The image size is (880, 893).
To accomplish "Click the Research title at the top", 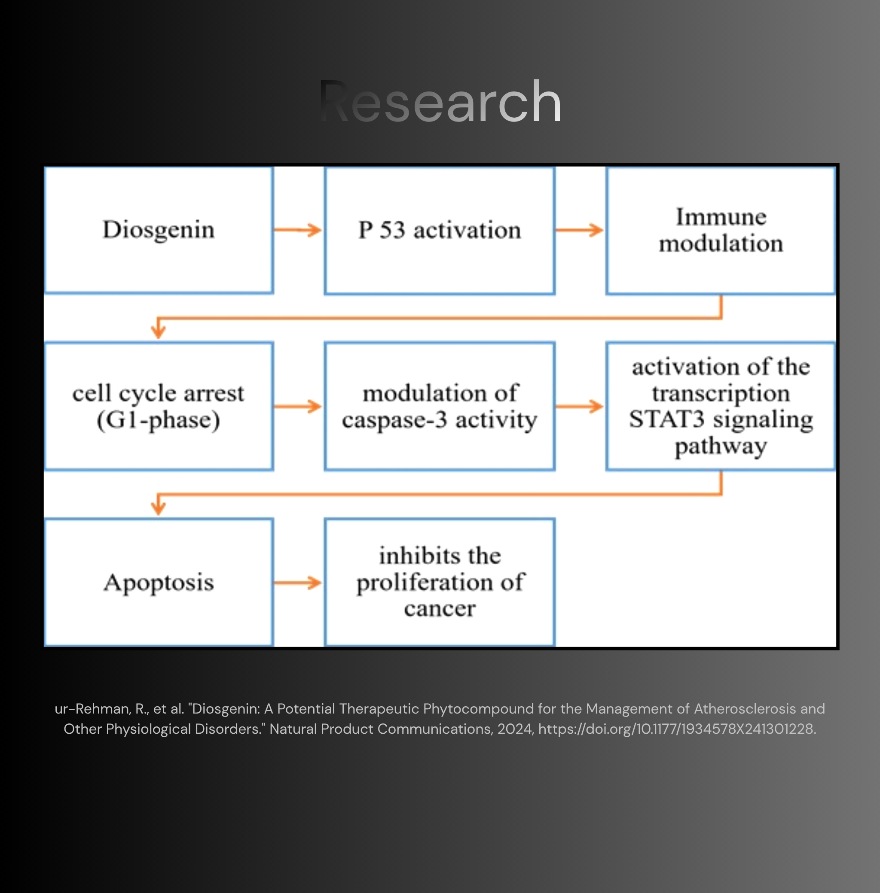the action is pyautogui.click(x=440, y=101).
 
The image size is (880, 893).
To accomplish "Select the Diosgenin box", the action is pyautogui.click(x=159, y=230).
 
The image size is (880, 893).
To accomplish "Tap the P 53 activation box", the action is pyautogui.click(x=440, y=231).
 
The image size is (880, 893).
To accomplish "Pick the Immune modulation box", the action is pyautogui.click(x=721, y=231).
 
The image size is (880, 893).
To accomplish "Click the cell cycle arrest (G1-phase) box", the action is pyautogui.click(x=159, y=406).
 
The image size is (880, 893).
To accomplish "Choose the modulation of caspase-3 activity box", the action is pyautogui.click(x=440, y=406).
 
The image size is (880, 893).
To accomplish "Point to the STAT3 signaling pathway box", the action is pyautogui.click(x=721, y=406).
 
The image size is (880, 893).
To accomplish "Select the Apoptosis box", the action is pyautogui.click(x=159, y=582).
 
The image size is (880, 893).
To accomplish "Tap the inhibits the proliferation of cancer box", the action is pyautogui.click(x=440, y=582).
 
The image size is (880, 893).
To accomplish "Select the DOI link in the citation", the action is pyautogui.click(x=677, y=729).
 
